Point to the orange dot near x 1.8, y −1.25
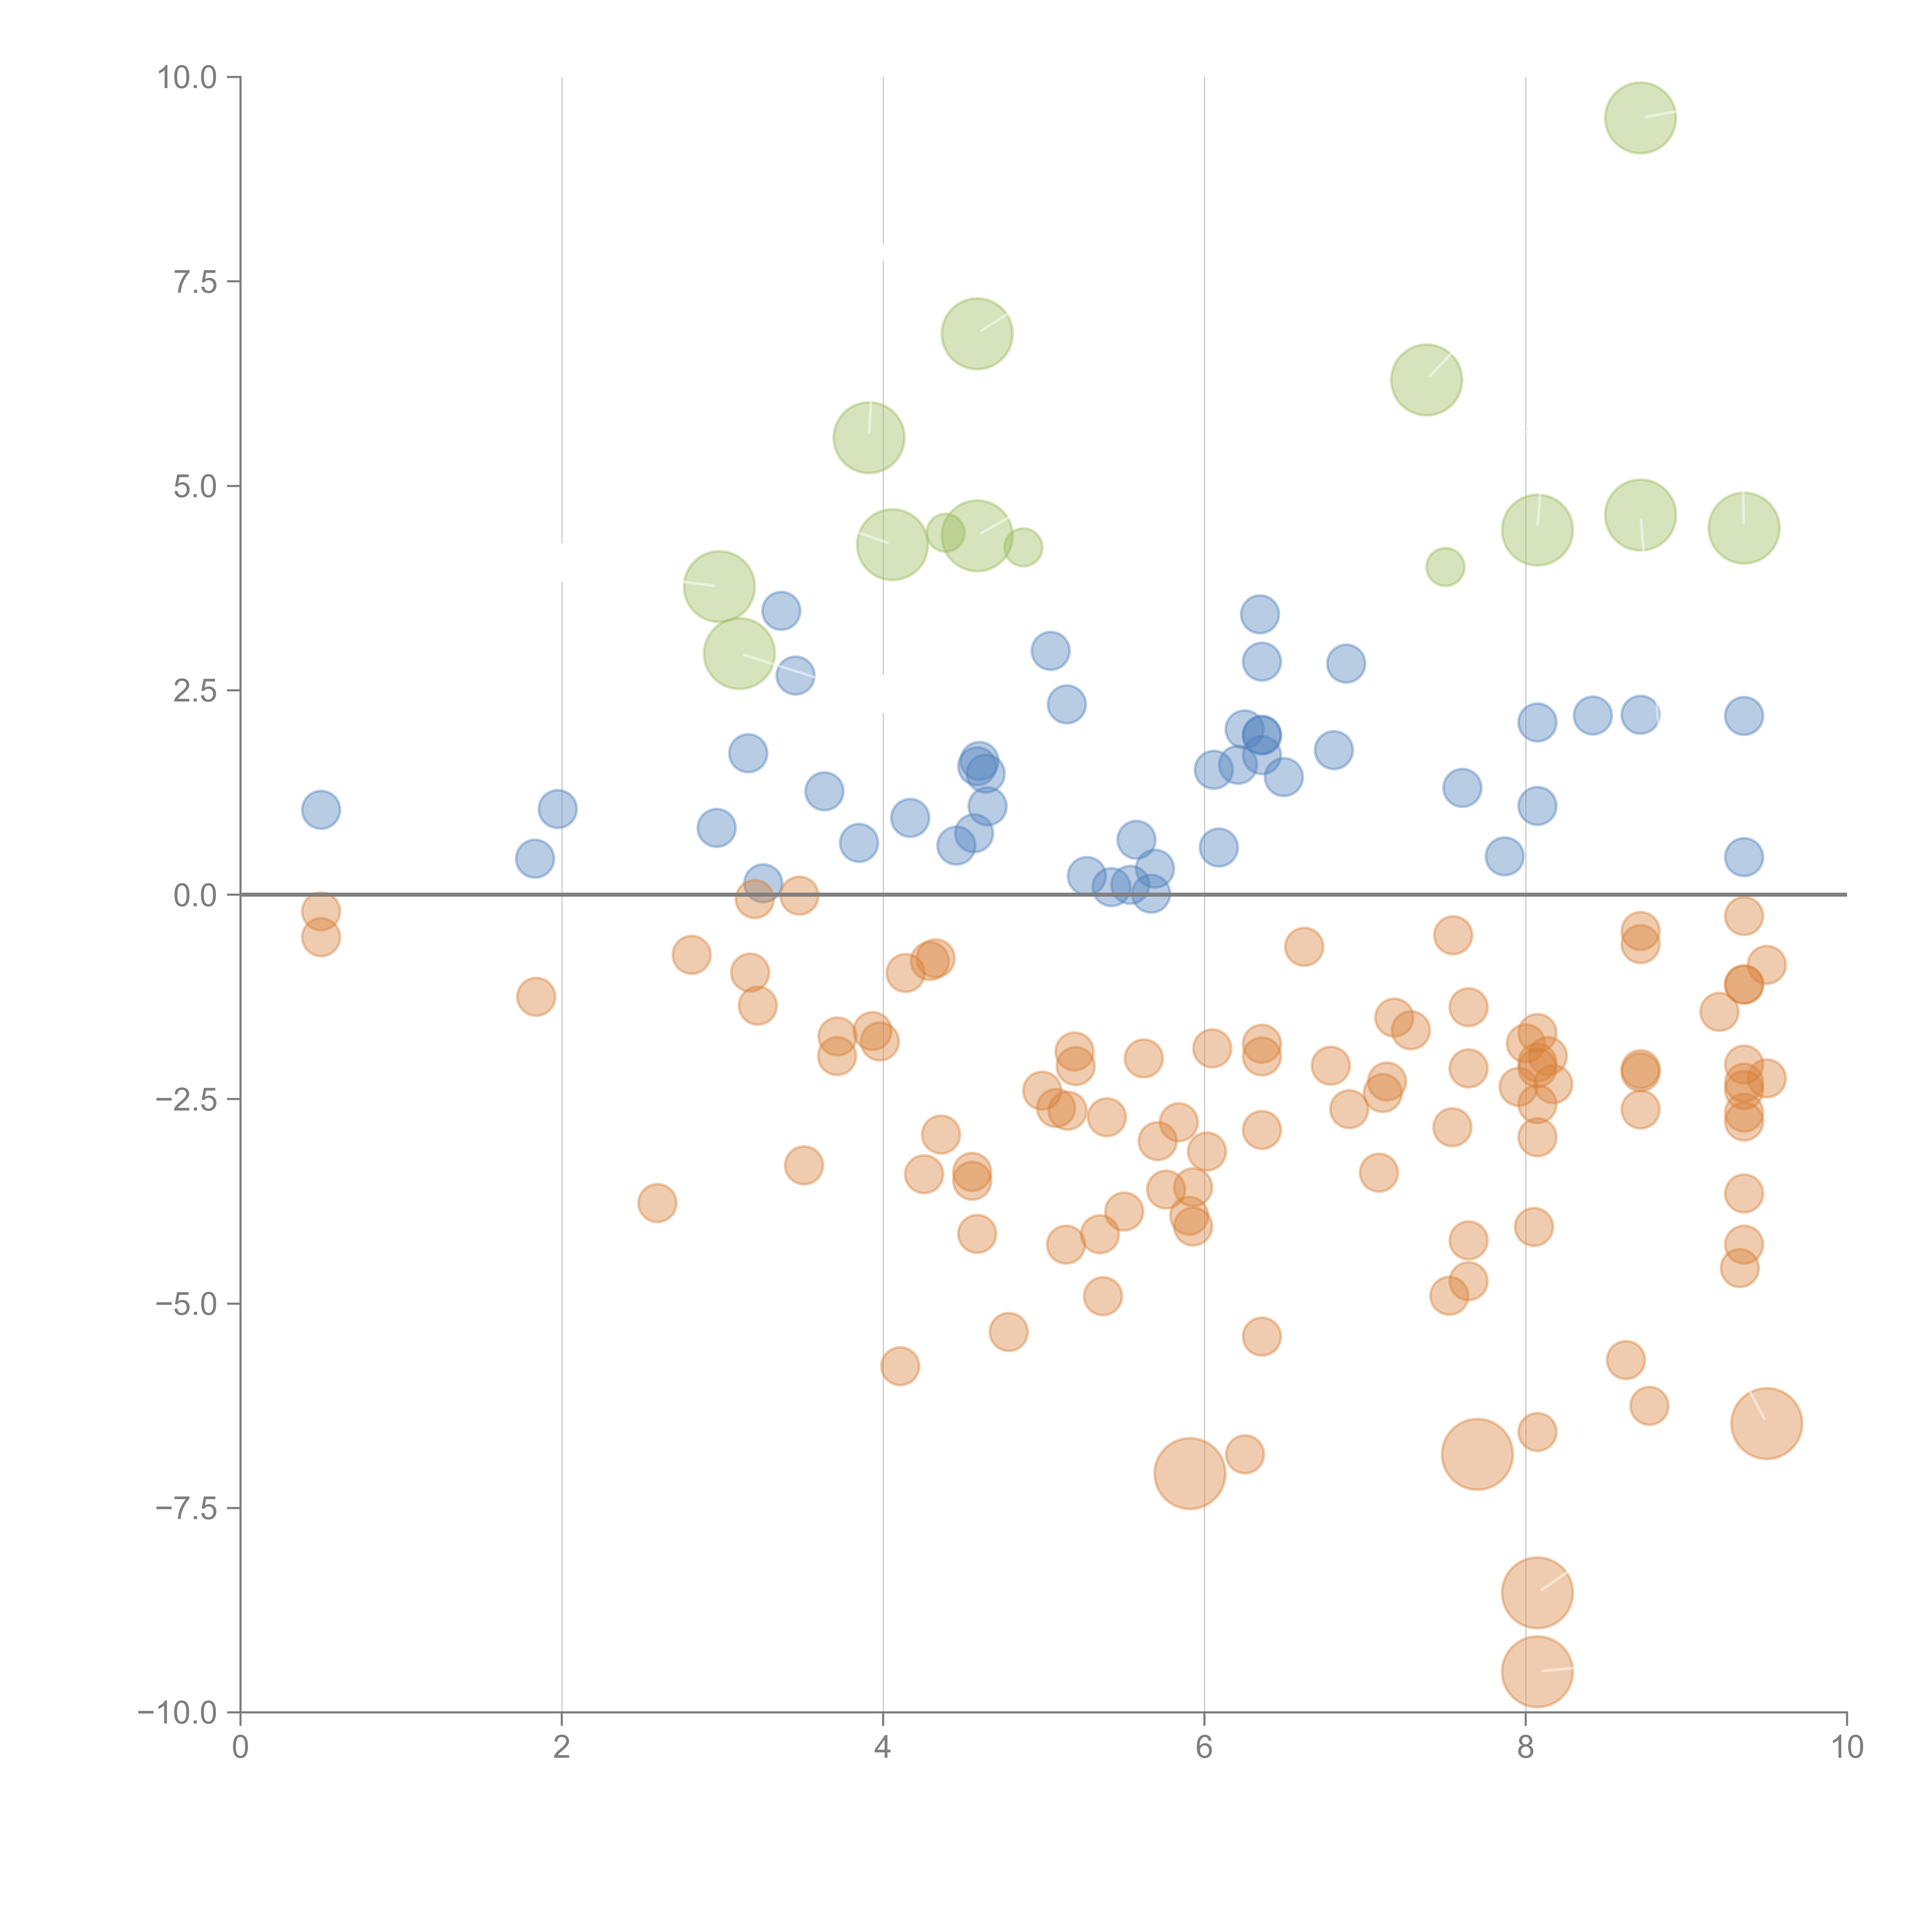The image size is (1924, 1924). tap(536, 997)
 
